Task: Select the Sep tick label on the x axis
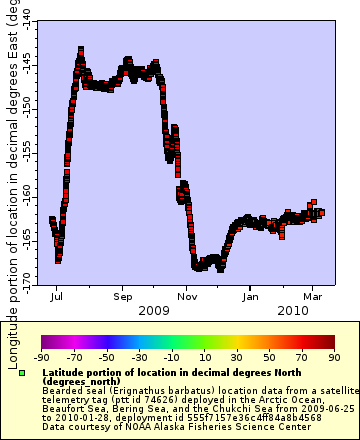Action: coord(122,297)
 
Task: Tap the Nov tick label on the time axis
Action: coord(187,297)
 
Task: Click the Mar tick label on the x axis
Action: coord(312,297)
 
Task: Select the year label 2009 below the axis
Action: coord(154,311)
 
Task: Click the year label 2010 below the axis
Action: coord(283,311)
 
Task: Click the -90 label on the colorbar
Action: coord(41,356)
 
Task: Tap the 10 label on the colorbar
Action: coord(202,356)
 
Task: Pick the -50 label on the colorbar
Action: coord(106,356)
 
